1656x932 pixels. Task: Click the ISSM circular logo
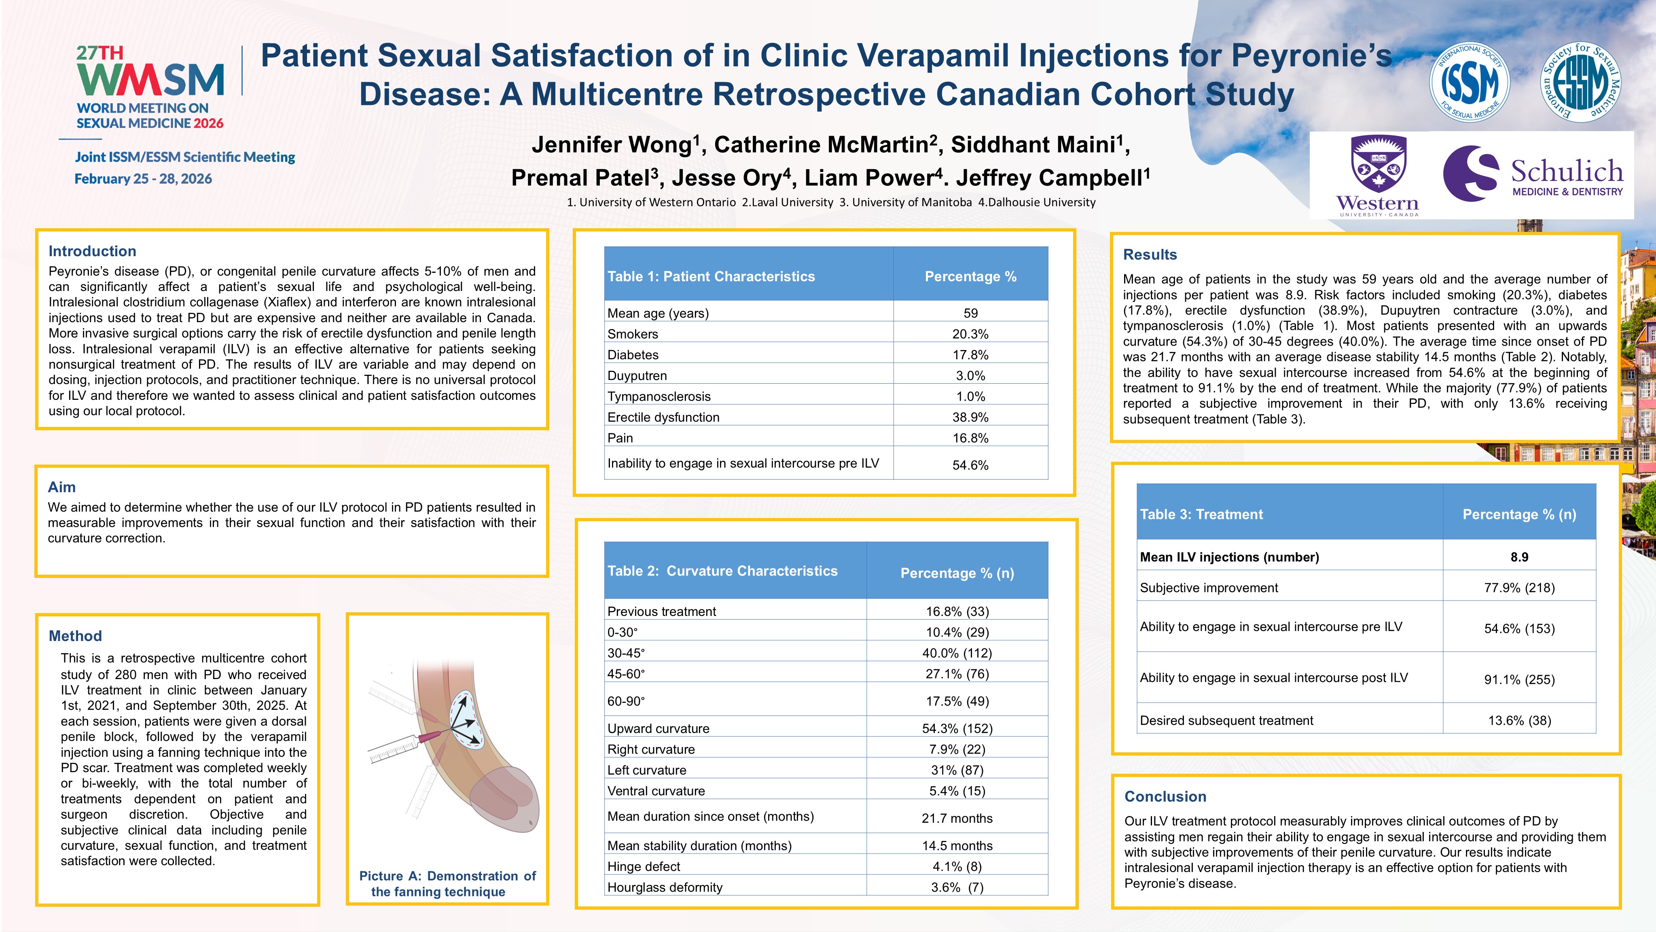[x=1469, y=82]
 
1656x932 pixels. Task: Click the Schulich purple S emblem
[x=1470, y=173]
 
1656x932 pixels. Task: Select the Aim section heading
[x=62, y=487]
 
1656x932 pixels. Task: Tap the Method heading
[x=75, y=635]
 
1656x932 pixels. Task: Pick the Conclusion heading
[x=1165, y=796]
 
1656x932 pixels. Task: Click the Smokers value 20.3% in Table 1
[x=970, y=334]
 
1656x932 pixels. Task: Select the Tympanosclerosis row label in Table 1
[x=659, y=396]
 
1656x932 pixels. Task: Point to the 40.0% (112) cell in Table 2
[x=957, y=653]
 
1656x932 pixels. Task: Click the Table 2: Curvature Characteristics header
[x=722, y=571]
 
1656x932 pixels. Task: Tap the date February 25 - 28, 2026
[x=143, y=179]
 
